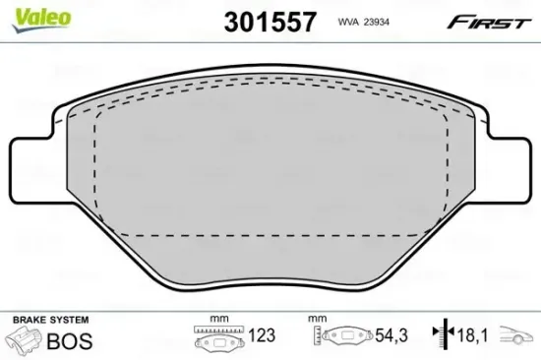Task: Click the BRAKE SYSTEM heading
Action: (50, 322)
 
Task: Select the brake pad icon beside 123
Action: (219, 342)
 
